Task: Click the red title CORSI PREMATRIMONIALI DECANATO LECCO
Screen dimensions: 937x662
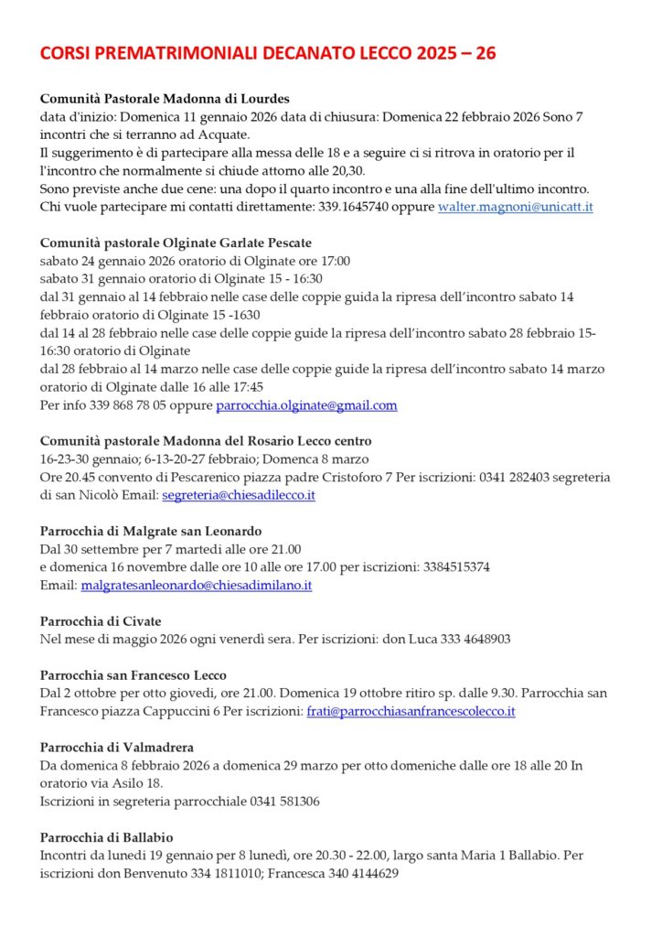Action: click(268, 54)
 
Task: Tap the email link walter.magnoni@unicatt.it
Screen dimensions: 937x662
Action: click(516, 207)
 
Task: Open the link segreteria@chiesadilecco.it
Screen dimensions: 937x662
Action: click(239, 495)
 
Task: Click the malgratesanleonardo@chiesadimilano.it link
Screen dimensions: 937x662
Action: click(197, 585)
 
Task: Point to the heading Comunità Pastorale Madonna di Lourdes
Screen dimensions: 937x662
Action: click(165, 99)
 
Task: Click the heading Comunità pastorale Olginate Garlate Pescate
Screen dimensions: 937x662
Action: click(176, 243)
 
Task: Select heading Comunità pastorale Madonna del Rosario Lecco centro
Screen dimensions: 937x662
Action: click(206, 441)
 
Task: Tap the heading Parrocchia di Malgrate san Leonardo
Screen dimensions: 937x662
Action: click(151, 531)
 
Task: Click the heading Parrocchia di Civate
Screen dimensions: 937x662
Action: click(97, 621)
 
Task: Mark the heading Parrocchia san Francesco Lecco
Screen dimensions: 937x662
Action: click(133, 675)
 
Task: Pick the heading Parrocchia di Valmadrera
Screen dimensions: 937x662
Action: click(117, 748)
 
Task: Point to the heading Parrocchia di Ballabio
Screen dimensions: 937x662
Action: click(107, 837)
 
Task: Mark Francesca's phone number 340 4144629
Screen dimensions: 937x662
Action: click(359, 873)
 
